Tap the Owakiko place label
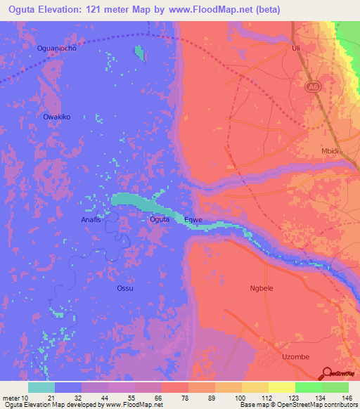[56, 117]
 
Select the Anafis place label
[88, 220]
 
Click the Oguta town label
[160, 220]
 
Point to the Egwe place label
[193, 220]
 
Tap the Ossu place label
[124, 288]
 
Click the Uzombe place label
[295, 356]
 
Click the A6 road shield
[313, 86]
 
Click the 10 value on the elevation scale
[25, 398]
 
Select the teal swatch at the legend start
[41, 387]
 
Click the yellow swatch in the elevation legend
[282, 387]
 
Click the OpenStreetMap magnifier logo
[328, 373]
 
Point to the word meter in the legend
[11, 398]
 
